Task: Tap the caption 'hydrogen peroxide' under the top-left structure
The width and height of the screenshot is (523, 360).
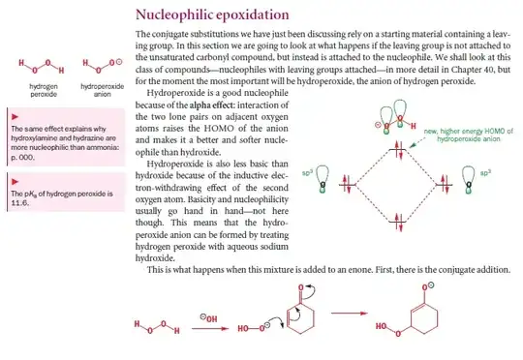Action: pyautogui.click(x=34, y=90)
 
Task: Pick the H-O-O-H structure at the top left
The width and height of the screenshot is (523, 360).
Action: pyautogui.click(x=35, y=69)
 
